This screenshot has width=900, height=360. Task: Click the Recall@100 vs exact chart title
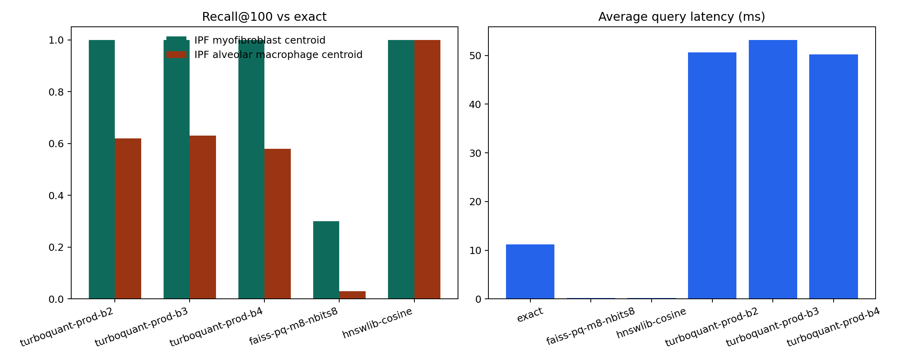(x=264, y=17)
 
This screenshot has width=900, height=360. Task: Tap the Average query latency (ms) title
(x=682, y=17)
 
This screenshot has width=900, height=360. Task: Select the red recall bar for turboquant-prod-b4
(x=278, y=224)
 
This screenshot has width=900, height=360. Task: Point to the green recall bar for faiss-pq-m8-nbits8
(x=326, y=260)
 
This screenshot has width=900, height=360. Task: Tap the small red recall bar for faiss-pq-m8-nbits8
(x=352, y=295)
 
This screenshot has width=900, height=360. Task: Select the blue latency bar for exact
(x=530, y=272)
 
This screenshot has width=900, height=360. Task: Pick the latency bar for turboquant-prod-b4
(x=833, y=176)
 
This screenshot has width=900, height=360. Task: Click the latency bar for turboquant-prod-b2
(x=712, y=176)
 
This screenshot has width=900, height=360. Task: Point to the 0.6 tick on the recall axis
(x=56, y=144)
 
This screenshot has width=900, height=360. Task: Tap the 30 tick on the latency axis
(x=476, y=153)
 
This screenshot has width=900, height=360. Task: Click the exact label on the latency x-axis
(x=530, y=315)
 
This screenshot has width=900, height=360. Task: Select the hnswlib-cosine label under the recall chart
(x=377, y=323)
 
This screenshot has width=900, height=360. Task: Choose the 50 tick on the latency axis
(x=476, y=56)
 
